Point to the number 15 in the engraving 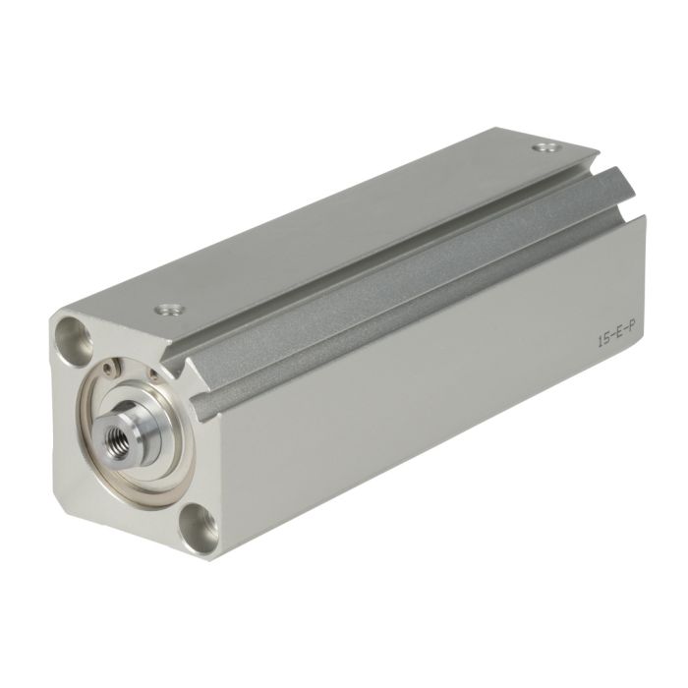point(603,340)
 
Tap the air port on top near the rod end point(170,310)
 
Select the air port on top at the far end point(545,147)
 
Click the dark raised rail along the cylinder point(395,281)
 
